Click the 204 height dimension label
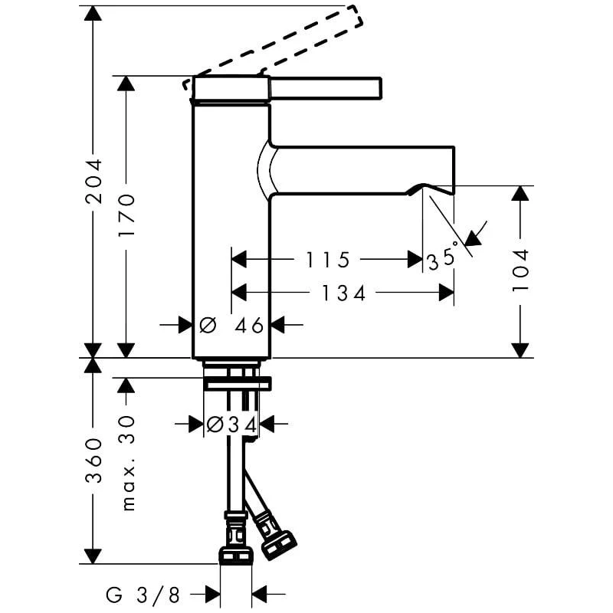tap(93, 182)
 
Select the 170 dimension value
tap(126, 215)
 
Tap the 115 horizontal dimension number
tap(327, 260)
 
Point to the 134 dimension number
tap(343, 293)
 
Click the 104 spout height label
tap(520, 270)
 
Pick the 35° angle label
tap(443, 257)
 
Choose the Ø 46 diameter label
tap(231, 325)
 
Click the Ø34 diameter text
tap(231, 425)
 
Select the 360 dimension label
tap(93, 461)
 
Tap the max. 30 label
tap(127, 464)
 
